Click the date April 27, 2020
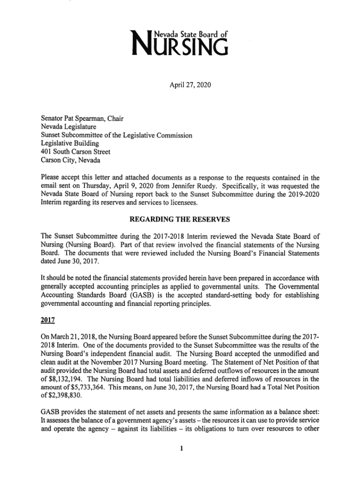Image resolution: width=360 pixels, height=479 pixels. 180,87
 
